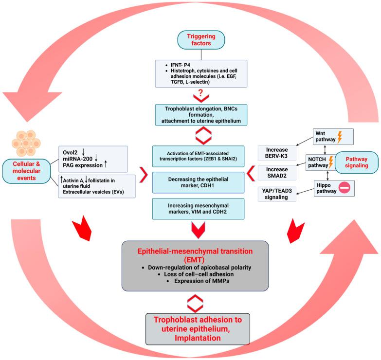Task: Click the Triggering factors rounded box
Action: (x=201, y=40)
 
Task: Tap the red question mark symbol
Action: (x=200, y=93)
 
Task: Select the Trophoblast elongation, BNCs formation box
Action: (x=201, y=115)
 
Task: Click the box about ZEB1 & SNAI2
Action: (x=198, y=156)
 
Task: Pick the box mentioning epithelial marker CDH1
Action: (x=198, y=182)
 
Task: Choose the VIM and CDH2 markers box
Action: (x=198, y=209)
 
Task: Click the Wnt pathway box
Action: (x=333, y=137)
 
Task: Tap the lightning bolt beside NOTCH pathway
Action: (x=331, y=162)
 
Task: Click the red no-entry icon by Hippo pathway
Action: (x=345, y=188)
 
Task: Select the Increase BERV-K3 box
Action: (x=277, y=153)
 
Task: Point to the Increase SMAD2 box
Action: (x=277, y=173)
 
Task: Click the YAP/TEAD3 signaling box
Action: (x=277, y=194)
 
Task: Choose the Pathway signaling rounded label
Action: (x=357, y=162)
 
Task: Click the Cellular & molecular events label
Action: (x=26, y=171)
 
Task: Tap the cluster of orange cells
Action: (x=26, y=144)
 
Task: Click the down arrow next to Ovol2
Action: (x=83, y=152)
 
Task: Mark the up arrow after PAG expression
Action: (x=106, y=164)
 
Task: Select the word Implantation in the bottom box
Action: (x=198, y=338)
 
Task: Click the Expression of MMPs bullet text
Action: (x=201, y=281)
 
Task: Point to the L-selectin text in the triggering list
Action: (x=197, y=82)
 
